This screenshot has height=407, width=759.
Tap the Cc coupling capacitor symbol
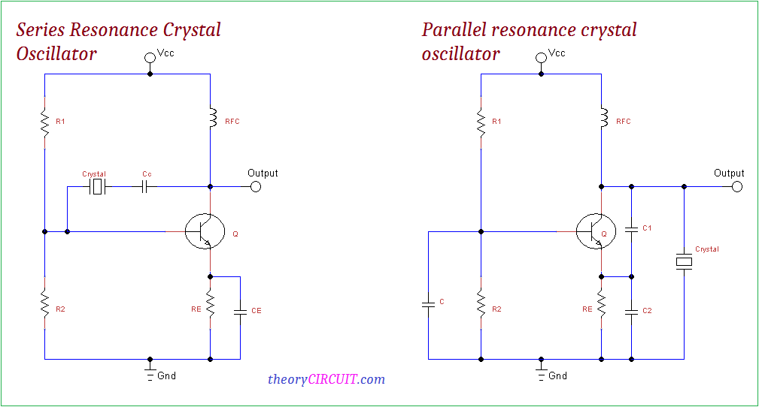147,186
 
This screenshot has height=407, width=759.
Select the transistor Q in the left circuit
205,232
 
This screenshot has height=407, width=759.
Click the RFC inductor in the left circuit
210,119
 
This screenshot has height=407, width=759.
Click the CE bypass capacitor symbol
240,310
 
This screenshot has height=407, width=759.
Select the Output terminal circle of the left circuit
256,186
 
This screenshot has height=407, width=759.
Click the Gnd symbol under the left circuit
150,372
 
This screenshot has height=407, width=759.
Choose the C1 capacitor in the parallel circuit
631,228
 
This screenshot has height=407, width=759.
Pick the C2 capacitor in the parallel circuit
631,310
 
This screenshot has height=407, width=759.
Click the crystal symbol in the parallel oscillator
684,261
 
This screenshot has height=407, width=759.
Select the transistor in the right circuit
595,232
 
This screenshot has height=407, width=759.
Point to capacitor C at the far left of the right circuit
428,303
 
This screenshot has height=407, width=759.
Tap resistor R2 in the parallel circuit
481,304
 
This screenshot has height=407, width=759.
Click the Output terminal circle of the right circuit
737,186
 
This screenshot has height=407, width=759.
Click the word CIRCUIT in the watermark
333,379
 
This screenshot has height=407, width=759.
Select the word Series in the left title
41,30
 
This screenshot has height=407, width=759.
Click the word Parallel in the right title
453,30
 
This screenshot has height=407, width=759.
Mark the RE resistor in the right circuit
601,304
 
